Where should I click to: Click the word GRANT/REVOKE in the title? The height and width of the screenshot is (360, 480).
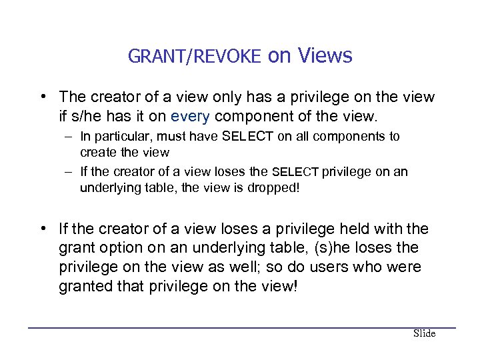point(194,57)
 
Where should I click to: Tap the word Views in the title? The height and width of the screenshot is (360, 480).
point(325,56)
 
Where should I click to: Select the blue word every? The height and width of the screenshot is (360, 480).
point(190,117)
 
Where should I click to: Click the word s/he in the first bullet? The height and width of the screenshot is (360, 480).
point(83,117)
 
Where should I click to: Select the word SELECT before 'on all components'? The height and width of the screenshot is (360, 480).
point(238,137)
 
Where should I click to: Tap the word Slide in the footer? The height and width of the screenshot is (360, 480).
point(424,333)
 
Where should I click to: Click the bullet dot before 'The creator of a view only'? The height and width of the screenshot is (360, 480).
point(43,97)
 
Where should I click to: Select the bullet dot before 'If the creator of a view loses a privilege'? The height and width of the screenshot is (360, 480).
point(43,229)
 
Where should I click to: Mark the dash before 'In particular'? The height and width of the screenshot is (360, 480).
point(69,137)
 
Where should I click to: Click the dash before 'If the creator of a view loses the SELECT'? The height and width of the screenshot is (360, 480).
point(69,172)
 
